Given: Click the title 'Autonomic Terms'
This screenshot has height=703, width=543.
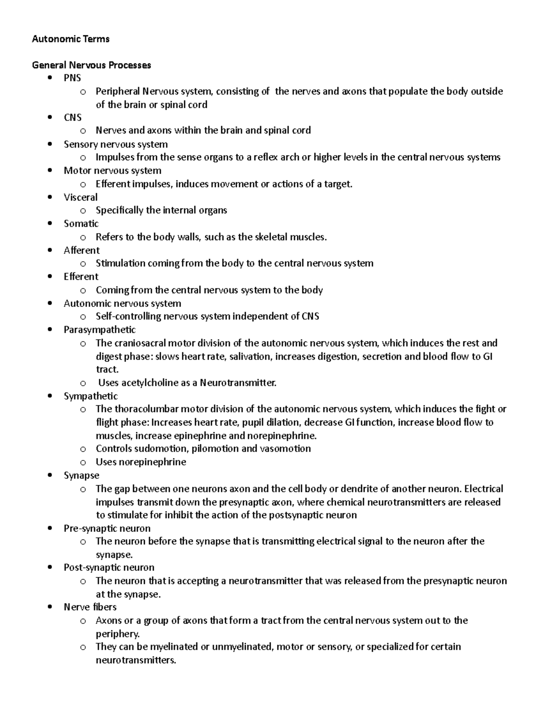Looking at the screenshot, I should point(71,39).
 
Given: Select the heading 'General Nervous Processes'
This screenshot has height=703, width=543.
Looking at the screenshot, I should point(91,65).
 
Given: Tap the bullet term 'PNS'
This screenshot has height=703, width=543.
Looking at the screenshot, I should point(72,78).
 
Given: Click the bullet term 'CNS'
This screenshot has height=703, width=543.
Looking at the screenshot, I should point(72,118).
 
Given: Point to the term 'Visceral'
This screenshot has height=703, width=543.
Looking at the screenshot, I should point(81,197).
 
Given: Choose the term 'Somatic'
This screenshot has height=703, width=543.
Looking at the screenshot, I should point(81,224).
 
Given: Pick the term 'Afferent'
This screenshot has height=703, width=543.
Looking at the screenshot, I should point(81,250).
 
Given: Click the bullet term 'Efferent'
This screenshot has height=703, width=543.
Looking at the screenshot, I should point(81,277).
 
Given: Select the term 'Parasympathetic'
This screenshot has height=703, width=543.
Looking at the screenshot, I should point(100,330).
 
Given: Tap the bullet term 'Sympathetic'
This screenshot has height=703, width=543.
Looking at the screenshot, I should point(90,396).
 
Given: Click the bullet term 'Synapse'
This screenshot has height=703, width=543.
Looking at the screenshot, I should point(81,475).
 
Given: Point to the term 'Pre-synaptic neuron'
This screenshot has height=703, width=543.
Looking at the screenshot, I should point(107,528).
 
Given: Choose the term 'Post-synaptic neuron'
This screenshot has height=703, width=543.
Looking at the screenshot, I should point(109,568).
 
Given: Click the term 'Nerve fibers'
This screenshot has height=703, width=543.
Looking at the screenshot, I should point(90,607).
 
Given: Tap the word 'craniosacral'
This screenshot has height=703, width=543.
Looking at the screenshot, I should point(140,343).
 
